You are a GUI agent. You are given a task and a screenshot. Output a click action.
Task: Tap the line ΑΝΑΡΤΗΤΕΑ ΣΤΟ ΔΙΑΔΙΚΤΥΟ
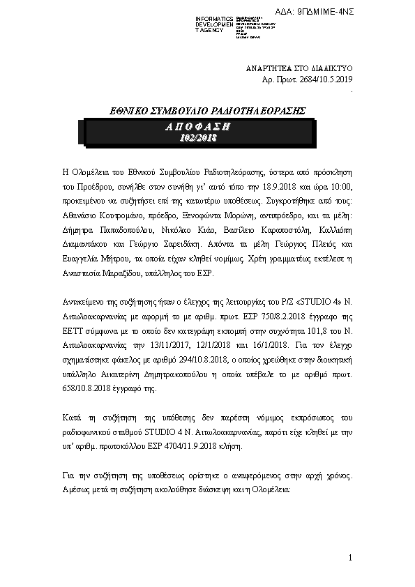[x=301, y=70]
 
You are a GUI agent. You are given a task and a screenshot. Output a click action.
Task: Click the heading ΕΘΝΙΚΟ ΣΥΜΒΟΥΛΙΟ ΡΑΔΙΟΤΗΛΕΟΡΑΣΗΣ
[x=209, y=110]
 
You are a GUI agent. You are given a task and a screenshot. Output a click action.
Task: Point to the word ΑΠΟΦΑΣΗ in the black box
[x=198, y=126]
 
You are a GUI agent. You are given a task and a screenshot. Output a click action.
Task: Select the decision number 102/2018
[x=198, y=138]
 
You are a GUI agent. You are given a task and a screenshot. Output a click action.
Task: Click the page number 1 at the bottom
[x=350, y=557]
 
